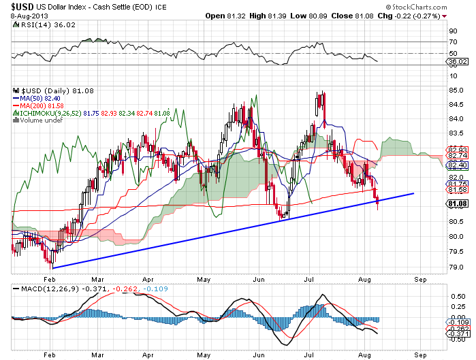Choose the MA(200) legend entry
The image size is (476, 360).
(x=31, y=105)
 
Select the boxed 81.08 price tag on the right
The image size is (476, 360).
(x=456, y=203)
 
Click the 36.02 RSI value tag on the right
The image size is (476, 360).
(x=456, y=61)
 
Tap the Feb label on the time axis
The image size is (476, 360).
(x=48, y=278)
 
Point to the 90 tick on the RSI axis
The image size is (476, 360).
(x=451, y=31)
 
